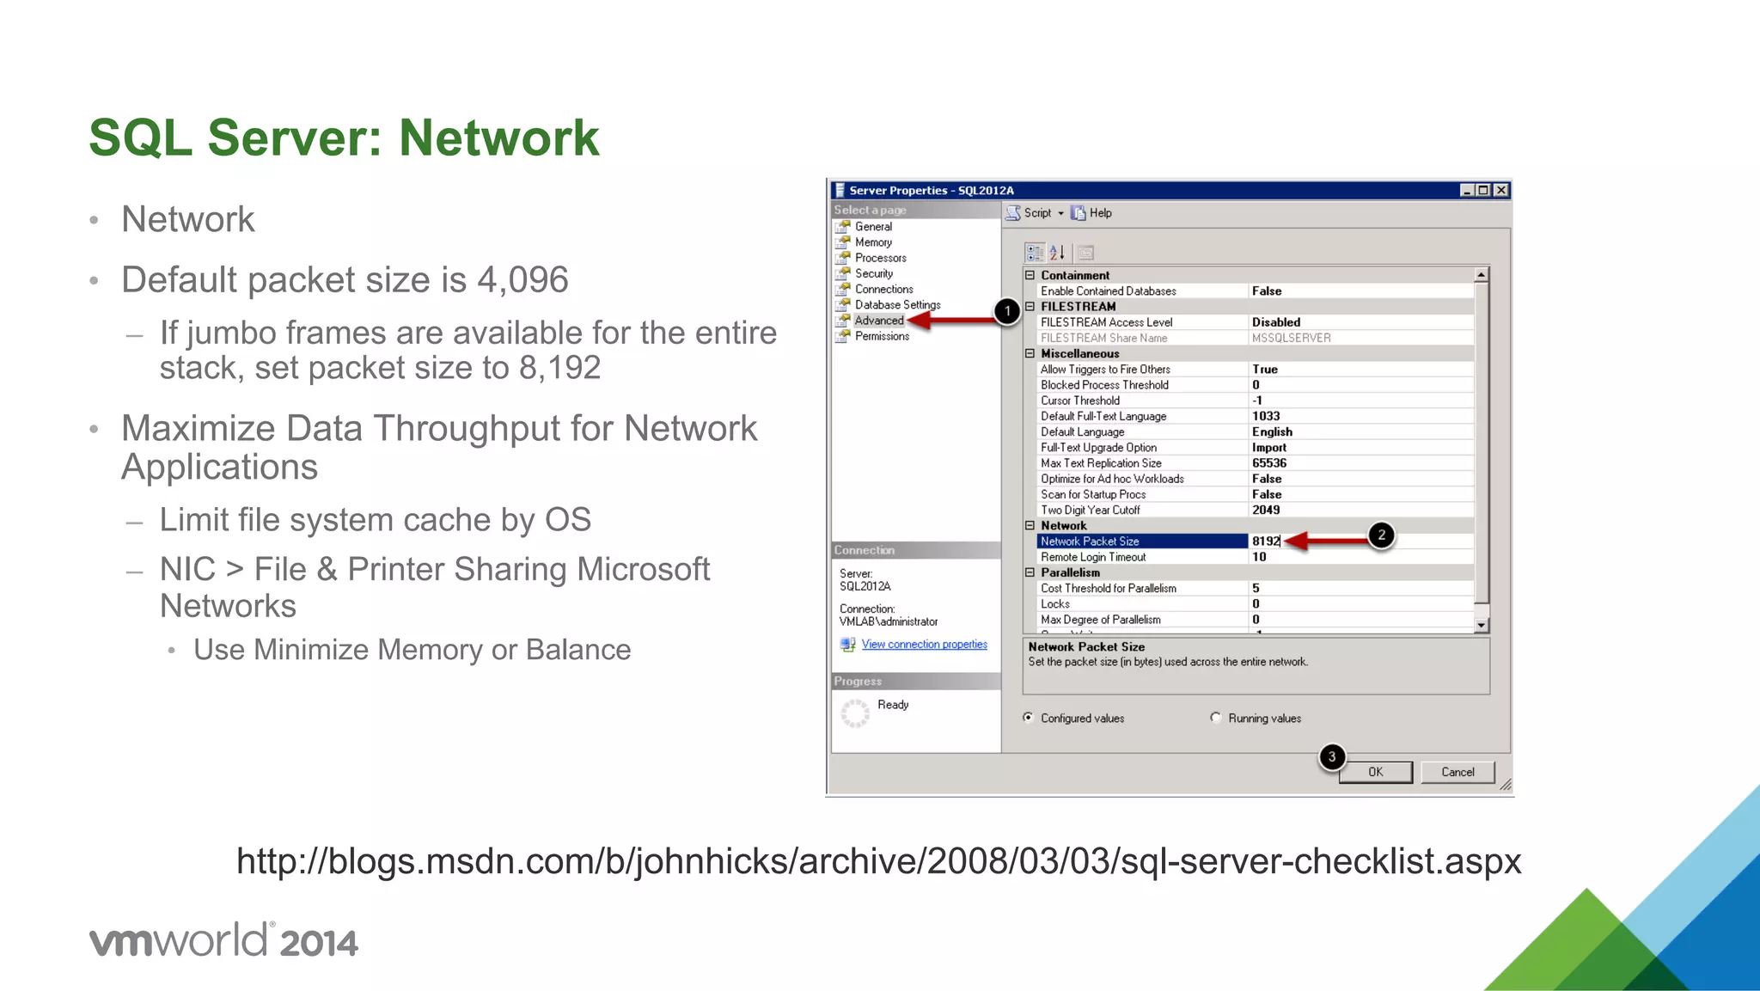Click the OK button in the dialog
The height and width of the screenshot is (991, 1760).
[1375, 772]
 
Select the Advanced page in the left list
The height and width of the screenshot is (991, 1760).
[878, 321]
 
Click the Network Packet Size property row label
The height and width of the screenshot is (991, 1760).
[1090, 541]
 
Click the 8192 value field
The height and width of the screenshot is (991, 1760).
[1266, 541]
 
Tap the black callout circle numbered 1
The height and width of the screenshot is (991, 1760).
[1007, 311]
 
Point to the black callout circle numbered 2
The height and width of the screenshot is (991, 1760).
[1381, 535]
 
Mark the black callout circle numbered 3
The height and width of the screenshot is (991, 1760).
[1331, 757]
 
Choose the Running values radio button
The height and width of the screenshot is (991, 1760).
[1216, 718]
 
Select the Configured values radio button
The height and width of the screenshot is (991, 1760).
[1029, 718]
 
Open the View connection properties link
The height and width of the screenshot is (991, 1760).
[924, 645]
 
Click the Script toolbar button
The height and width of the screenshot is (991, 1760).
[1035, 213]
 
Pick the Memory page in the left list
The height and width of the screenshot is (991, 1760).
[873, 242]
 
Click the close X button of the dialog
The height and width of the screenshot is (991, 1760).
[1500, 190]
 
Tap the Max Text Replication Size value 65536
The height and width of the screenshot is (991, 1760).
[1269, 463]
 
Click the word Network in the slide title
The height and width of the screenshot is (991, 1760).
[498, 138]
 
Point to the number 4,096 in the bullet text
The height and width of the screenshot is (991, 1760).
[522, 280]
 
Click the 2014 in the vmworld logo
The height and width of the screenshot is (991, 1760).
[318, 944]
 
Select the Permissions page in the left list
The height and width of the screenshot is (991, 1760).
[882, 336]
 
